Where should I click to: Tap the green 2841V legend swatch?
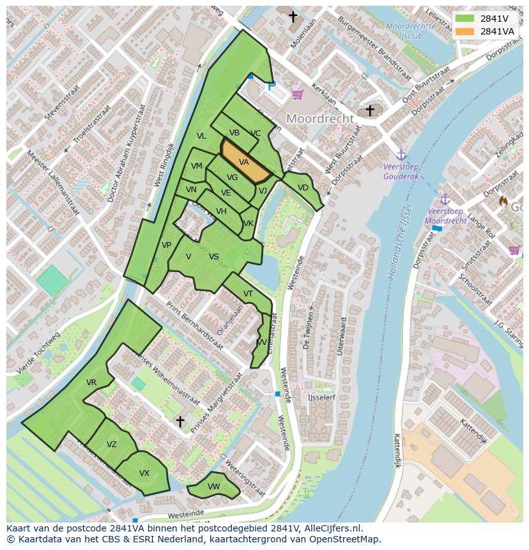coord(465,18)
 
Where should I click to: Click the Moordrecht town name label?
coord(319,119)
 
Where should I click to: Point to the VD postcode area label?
coord(303,188)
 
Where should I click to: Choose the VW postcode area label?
coord(213,487)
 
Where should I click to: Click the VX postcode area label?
coord(144,473)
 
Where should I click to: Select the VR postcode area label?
coord(91,383)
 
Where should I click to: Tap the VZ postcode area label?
coord(112,445)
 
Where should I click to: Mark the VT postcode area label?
coord(248,294)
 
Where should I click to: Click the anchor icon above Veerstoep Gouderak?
coord(401,155)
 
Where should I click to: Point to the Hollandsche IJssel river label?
coord(399,243)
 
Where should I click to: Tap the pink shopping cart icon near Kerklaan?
coord(297,95)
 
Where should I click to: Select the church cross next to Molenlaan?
coord(293,17)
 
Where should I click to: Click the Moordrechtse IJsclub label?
coord(411,31)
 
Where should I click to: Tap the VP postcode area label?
coord(166,245)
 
